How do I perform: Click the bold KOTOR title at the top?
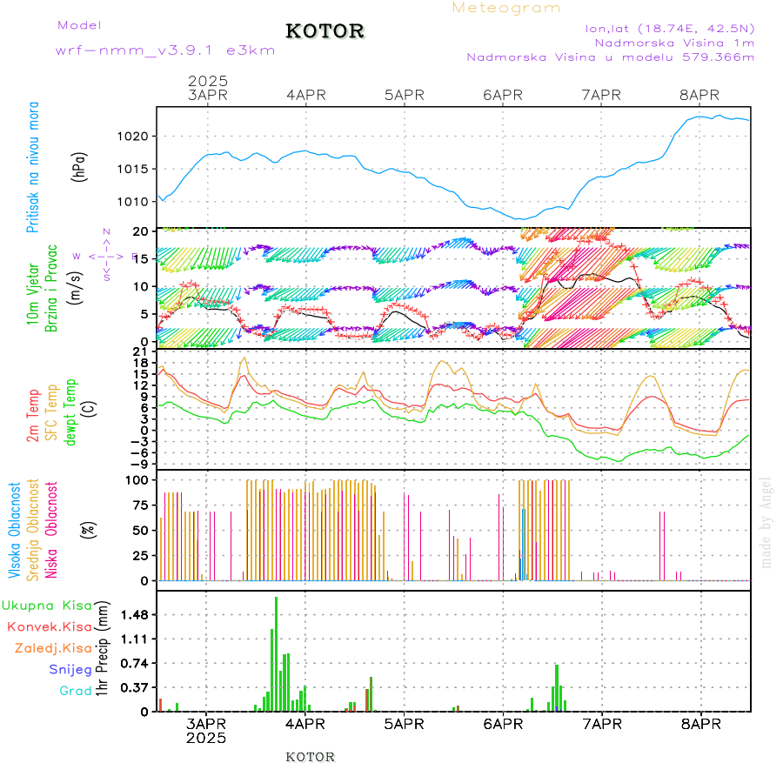pos(325,31)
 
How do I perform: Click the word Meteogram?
pos(506,8)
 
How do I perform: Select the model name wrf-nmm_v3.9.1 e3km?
pos(165,50)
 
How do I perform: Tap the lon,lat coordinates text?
pos(670,26)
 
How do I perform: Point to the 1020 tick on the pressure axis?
pos(135,137)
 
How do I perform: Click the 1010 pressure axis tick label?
pos(135,201)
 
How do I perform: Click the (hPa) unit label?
pos(79,165)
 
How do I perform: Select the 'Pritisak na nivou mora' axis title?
pos(32,166)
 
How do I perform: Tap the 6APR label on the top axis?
pos(502,95)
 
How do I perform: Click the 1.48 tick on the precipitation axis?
pos(134,615)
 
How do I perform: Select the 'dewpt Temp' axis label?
pos(71,409)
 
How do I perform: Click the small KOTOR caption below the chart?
pos(310,757)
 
